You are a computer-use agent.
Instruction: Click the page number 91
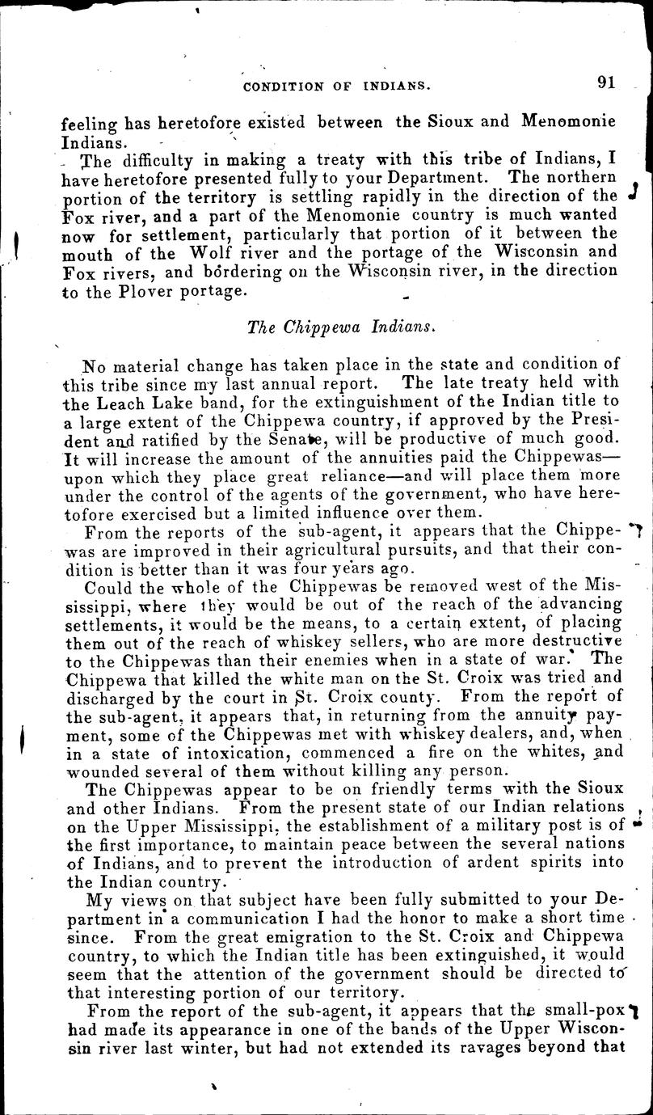coord(606,82)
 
